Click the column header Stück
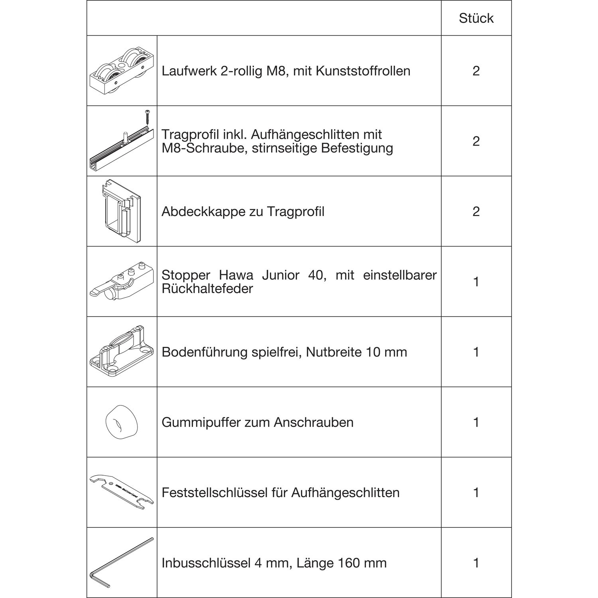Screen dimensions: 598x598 tap(476, 18)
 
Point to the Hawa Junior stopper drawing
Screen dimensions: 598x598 tap(122, 281)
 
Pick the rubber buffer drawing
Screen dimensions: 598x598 tap(121, 422)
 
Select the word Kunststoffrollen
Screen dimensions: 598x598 tap(363, 71)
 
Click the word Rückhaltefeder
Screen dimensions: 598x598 tap(207, 289)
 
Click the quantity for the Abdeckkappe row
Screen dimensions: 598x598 tap(476, 211)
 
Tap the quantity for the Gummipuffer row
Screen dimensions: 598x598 tap(476, 422)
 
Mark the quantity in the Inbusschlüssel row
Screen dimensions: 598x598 tap(476, 563)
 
